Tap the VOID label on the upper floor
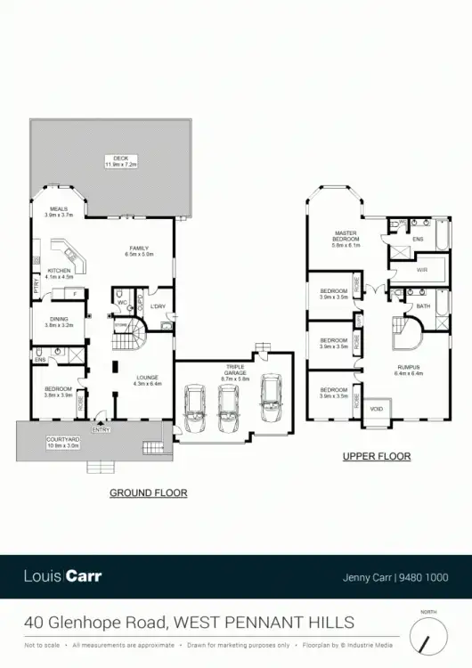376,409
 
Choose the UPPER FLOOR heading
377,457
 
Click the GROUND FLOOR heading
148,493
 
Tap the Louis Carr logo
63,576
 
